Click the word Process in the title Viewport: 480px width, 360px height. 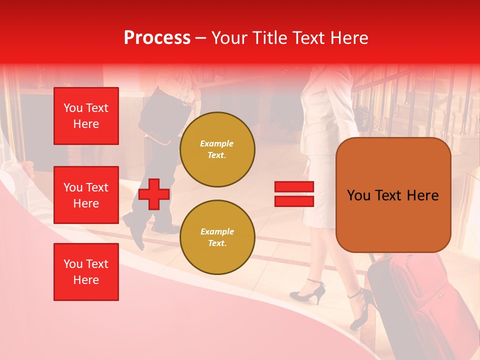[157, 38]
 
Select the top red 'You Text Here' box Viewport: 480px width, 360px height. [86, 116]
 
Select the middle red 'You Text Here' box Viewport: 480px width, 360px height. [86, 195]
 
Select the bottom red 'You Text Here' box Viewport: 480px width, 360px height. [86, 272]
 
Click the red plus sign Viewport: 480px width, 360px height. [154, 194]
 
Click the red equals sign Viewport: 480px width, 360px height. [294, 194]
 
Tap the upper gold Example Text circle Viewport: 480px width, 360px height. [217, 149]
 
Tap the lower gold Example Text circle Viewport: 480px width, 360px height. [217, 237]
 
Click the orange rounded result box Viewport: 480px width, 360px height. [393, 195]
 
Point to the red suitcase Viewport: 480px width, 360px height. [425, 300]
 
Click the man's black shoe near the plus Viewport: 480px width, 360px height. [134, 227]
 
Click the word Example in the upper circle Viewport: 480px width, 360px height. [216, 143]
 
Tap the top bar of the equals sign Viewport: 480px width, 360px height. [294, 187]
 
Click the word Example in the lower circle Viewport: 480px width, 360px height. [216, 231]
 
